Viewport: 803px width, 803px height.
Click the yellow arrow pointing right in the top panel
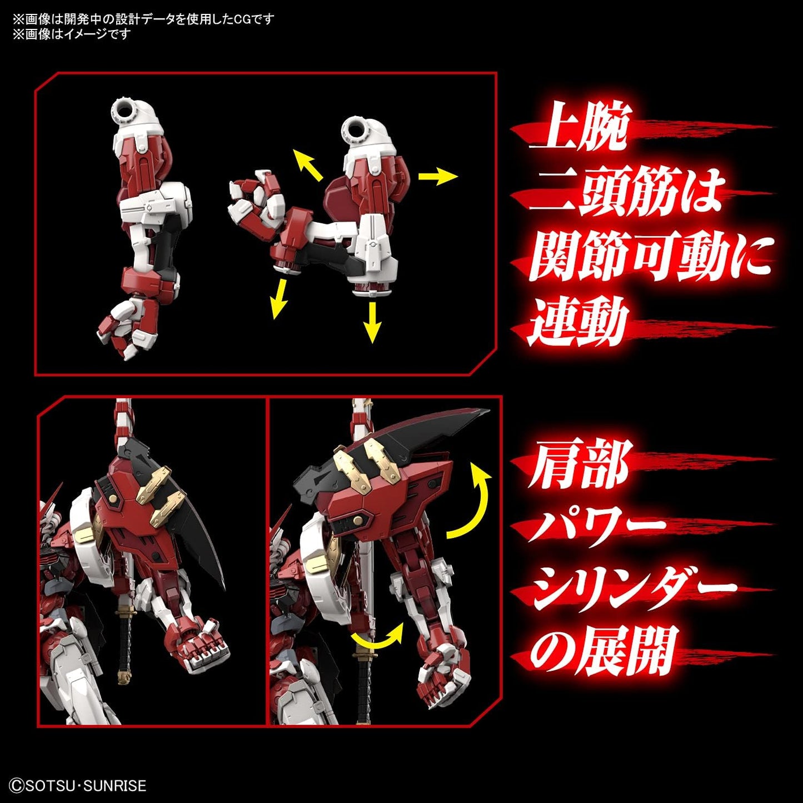pos(438,176)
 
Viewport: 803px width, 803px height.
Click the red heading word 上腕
pos(578,127)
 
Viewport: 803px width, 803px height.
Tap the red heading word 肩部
pos(578,464)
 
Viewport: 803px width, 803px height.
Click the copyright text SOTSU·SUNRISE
pos(78,785)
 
